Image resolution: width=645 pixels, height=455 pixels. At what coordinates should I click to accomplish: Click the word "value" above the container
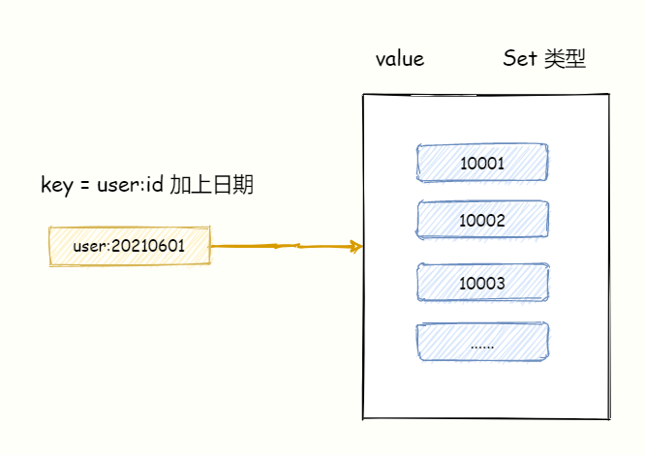400,59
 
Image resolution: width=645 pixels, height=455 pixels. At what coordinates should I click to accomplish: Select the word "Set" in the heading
520,59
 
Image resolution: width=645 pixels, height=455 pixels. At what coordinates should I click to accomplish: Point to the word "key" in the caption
57,185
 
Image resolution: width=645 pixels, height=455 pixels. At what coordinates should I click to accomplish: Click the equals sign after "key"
85,185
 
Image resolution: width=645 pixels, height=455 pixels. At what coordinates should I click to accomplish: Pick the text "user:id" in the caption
130,185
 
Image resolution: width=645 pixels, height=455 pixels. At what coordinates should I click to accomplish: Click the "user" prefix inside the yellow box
90,247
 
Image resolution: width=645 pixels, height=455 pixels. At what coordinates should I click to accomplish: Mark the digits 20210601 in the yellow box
148,247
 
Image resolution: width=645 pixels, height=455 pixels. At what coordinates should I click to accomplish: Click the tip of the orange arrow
361,247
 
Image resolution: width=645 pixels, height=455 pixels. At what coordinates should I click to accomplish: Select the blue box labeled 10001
482,164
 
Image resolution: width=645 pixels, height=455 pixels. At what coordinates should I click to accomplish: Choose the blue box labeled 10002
482,221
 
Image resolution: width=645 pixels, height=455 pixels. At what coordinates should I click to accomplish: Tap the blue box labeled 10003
482,283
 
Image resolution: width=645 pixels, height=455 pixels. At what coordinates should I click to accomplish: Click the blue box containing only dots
482,342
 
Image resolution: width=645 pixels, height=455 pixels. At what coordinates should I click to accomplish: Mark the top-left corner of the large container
364,95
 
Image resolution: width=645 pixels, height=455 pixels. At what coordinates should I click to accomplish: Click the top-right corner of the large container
609,94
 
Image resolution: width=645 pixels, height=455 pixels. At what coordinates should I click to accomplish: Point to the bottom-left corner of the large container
364,419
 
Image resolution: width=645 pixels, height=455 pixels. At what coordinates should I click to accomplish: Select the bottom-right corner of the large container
609,419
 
